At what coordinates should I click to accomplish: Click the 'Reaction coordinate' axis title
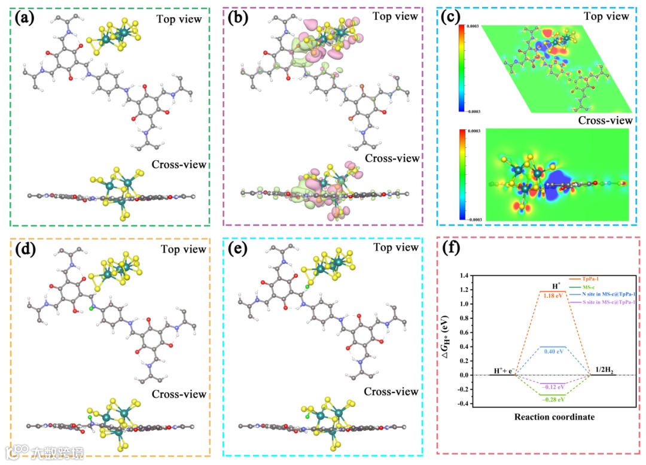(554, 417)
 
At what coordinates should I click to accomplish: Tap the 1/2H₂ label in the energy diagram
(602, 370)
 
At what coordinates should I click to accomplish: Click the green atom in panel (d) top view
(93, 308)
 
